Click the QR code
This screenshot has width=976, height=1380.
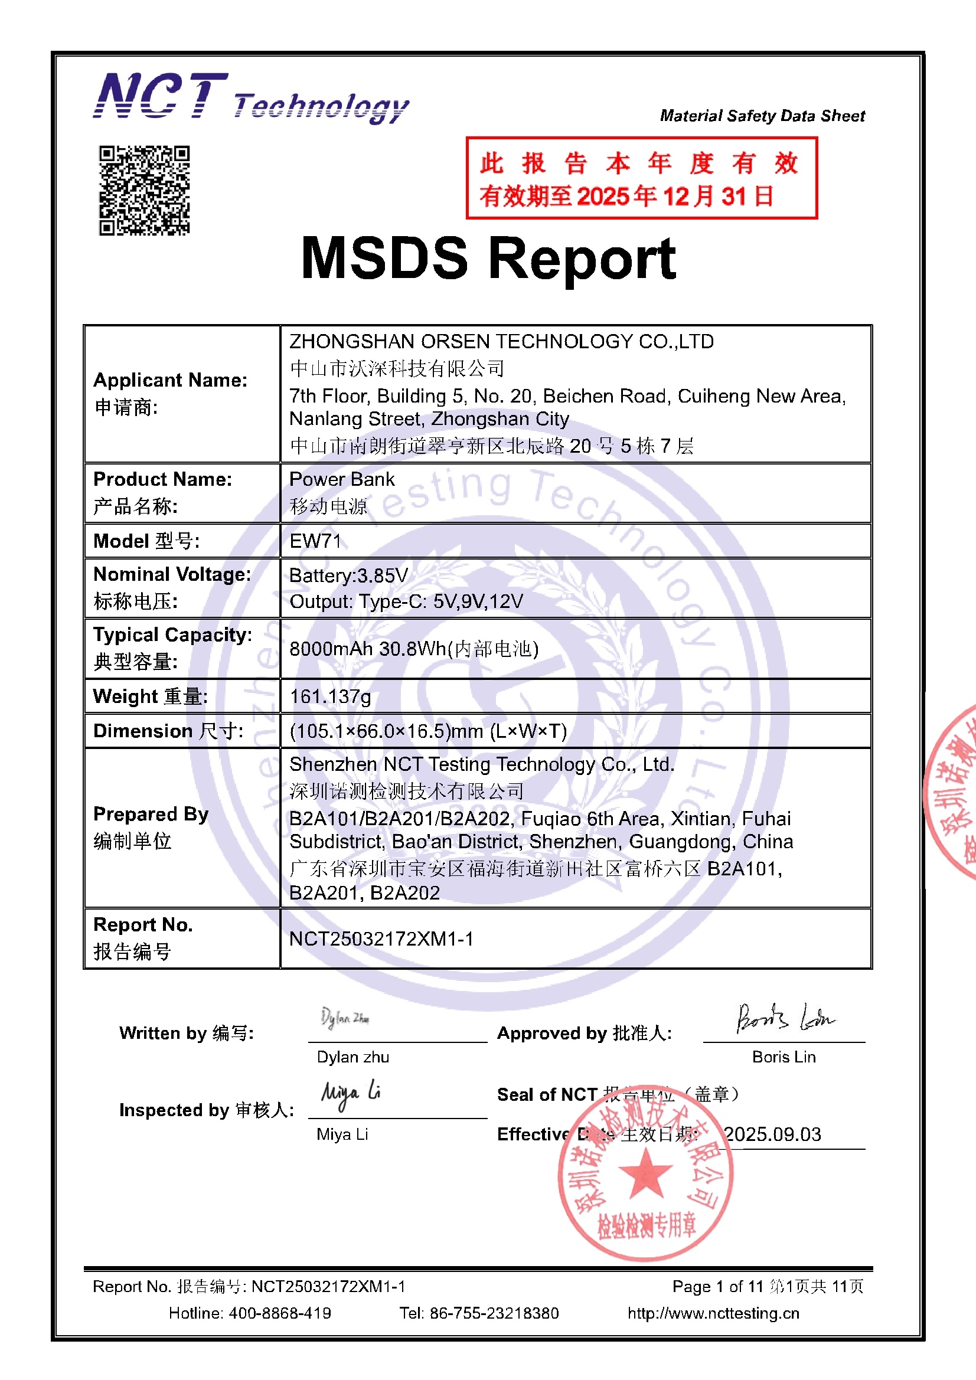(144, 190)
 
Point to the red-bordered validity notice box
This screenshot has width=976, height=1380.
(641, 178)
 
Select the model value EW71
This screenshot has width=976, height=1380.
(315, 541)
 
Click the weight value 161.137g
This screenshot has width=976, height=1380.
(330, 696)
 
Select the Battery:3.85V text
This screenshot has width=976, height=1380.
(348, 576)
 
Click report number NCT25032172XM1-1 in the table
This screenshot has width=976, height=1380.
(381, 939)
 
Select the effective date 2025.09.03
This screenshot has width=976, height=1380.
(772, 1134)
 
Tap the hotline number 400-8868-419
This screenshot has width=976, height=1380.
(280, 1313)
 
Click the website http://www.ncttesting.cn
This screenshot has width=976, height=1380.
(713, 1313)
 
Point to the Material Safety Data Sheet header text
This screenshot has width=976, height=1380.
(762, 116)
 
